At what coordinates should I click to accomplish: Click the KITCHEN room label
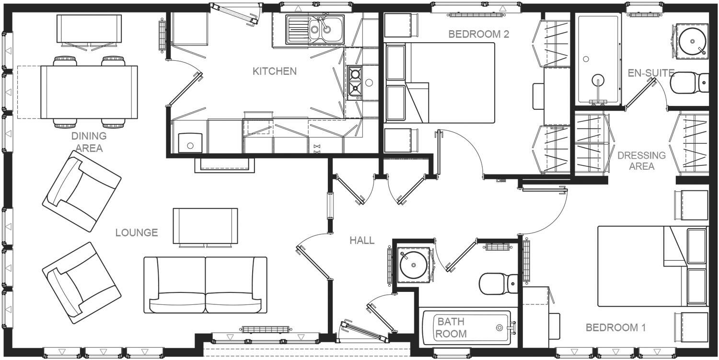(x=275, y=71)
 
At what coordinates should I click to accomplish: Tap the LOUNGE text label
(x=137, y=233)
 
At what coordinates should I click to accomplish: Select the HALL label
(x=362, y=241)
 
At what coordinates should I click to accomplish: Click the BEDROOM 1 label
(x=615, y=328)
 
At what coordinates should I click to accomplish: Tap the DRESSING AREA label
(x=641, y=161)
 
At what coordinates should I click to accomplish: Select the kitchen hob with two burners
(x=355, y=82)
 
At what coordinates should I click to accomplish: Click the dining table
(x=89, y=92)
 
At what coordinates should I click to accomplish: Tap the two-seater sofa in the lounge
(x=205, y=285)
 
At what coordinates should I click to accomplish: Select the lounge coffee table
(x=205, y=226)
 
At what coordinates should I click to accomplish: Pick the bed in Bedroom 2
(x=440, y=82)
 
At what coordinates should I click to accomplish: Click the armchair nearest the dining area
(x=82, y=191)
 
